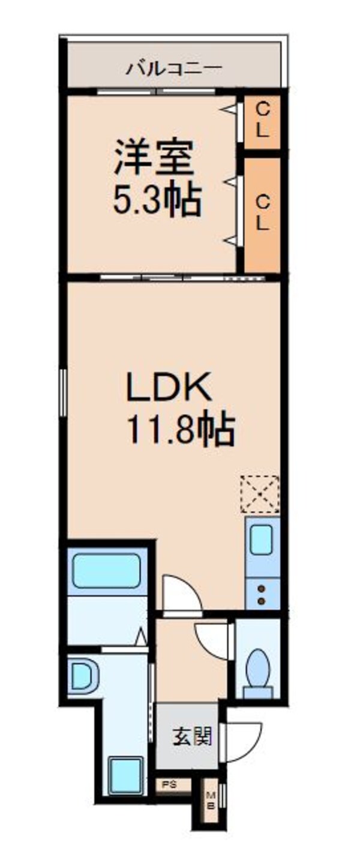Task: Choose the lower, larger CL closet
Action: click(262, 214)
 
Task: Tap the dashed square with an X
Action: click(260, 494)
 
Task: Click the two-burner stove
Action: click(262, 594)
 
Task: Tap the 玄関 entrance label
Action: click(192, 736)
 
